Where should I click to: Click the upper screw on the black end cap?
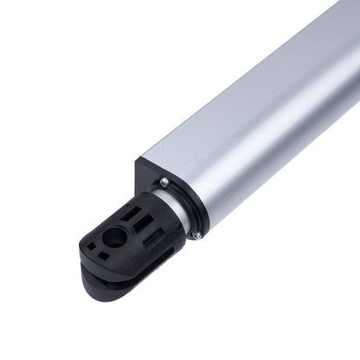tap(164, 183)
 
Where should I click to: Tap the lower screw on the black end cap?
tap(196, 235)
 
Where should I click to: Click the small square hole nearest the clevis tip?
tap(90, 246)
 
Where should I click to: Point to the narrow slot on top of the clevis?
tap(130, 212)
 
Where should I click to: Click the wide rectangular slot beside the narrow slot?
tap(141, 225)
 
